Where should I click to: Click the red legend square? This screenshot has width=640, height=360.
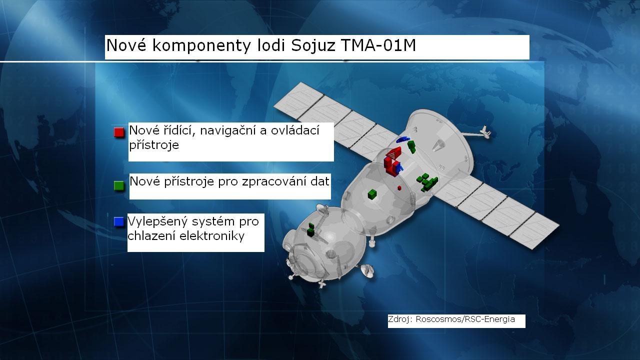coord(119,132)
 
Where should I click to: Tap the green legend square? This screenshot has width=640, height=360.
coord(119,185)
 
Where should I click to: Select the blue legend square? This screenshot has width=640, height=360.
coord(119,221)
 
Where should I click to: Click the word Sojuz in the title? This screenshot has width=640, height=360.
coord(313,45)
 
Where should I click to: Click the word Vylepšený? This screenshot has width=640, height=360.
coord(157,222)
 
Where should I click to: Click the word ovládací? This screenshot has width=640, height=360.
coord(295,130)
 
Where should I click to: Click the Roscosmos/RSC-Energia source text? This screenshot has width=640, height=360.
coord(465,319)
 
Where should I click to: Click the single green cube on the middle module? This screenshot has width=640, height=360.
coord(372,194)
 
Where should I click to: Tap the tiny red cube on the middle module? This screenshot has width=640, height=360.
coord(399,188)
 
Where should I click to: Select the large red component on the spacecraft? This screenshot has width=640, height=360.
coord(393,161)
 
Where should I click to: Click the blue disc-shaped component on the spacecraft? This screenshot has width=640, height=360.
coord(402,139)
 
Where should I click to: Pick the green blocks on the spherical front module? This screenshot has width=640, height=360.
coord(311,230)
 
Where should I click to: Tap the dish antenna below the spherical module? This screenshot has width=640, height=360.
coord(368,270)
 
